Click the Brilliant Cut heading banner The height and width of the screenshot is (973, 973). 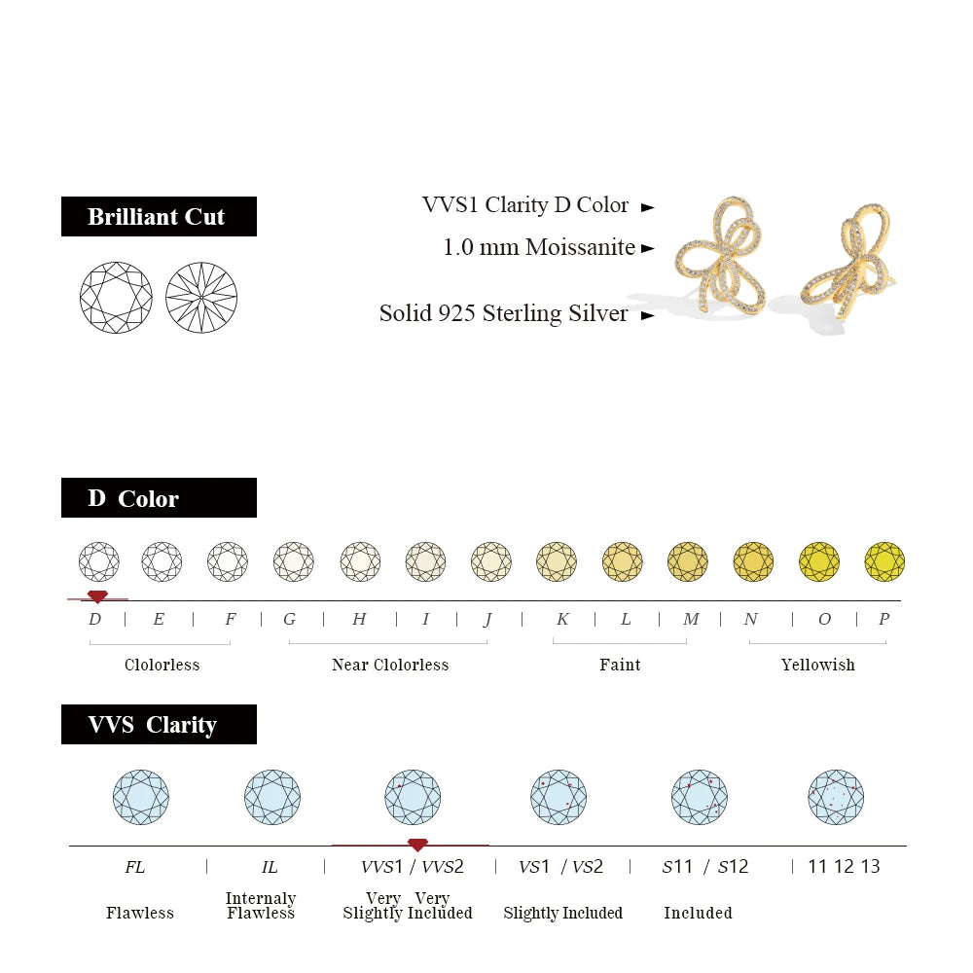(159, 216)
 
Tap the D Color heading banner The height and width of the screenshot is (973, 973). (159, 498)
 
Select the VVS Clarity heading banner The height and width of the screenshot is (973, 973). (159, 725)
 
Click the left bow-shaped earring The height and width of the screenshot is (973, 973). (722, 255)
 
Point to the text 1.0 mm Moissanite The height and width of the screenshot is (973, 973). (539, 247)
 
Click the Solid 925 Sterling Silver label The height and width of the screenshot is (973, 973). (503, 313)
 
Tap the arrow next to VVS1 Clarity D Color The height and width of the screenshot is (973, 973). (648, 206)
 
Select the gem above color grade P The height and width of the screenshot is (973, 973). (884, 561)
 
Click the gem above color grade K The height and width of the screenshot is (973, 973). (557, 561)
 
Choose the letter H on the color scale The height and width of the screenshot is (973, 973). (359, 619)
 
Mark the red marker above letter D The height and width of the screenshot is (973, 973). (97, 596)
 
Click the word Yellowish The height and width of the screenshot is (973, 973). (817, 665)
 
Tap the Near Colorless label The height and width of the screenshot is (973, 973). (390, 665)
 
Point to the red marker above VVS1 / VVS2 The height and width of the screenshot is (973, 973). (417, 845)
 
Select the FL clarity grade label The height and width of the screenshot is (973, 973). (134, 866)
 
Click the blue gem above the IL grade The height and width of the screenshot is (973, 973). (272, 797)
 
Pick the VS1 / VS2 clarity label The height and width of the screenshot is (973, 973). (560, 866)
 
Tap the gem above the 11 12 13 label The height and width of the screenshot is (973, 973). (836, 797)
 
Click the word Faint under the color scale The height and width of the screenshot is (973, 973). (620, 665)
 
